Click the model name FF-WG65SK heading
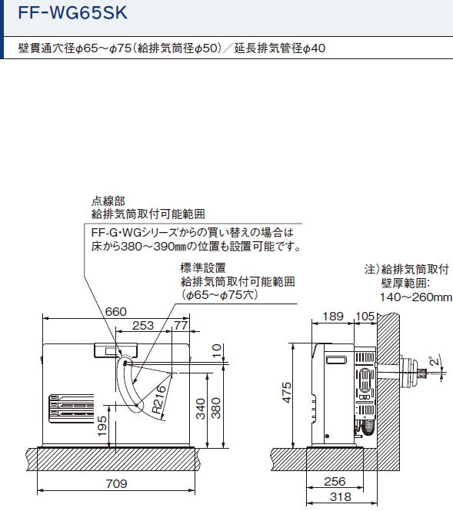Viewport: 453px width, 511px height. coord(73,13)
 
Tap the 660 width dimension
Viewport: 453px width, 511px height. coord(116,311)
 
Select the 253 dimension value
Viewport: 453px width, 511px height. coord(143,325)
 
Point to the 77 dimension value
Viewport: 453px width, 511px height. coord(181,325)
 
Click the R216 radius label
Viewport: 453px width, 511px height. coord(159,400)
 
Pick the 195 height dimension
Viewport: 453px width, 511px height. coord(102,426)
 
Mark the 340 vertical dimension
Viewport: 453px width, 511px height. coord(201,409)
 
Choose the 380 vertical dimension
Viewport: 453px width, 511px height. coord(216,408)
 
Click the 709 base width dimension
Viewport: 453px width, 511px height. coord(116,483)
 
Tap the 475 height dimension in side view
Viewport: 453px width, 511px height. coord(286,393)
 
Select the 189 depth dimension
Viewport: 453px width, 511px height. coord(333,316)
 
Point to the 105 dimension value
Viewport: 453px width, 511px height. coord(365,316)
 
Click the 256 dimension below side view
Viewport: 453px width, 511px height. coord(335,481)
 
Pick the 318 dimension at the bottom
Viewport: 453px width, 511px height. coord(341,496)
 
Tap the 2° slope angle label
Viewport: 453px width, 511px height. coord(435,360)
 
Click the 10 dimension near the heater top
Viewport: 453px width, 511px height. coord(217,350)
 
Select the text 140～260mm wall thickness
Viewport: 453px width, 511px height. coord(416,297)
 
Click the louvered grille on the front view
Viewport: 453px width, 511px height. coord(72,409)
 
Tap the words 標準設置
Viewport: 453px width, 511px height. coord(203,267)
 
